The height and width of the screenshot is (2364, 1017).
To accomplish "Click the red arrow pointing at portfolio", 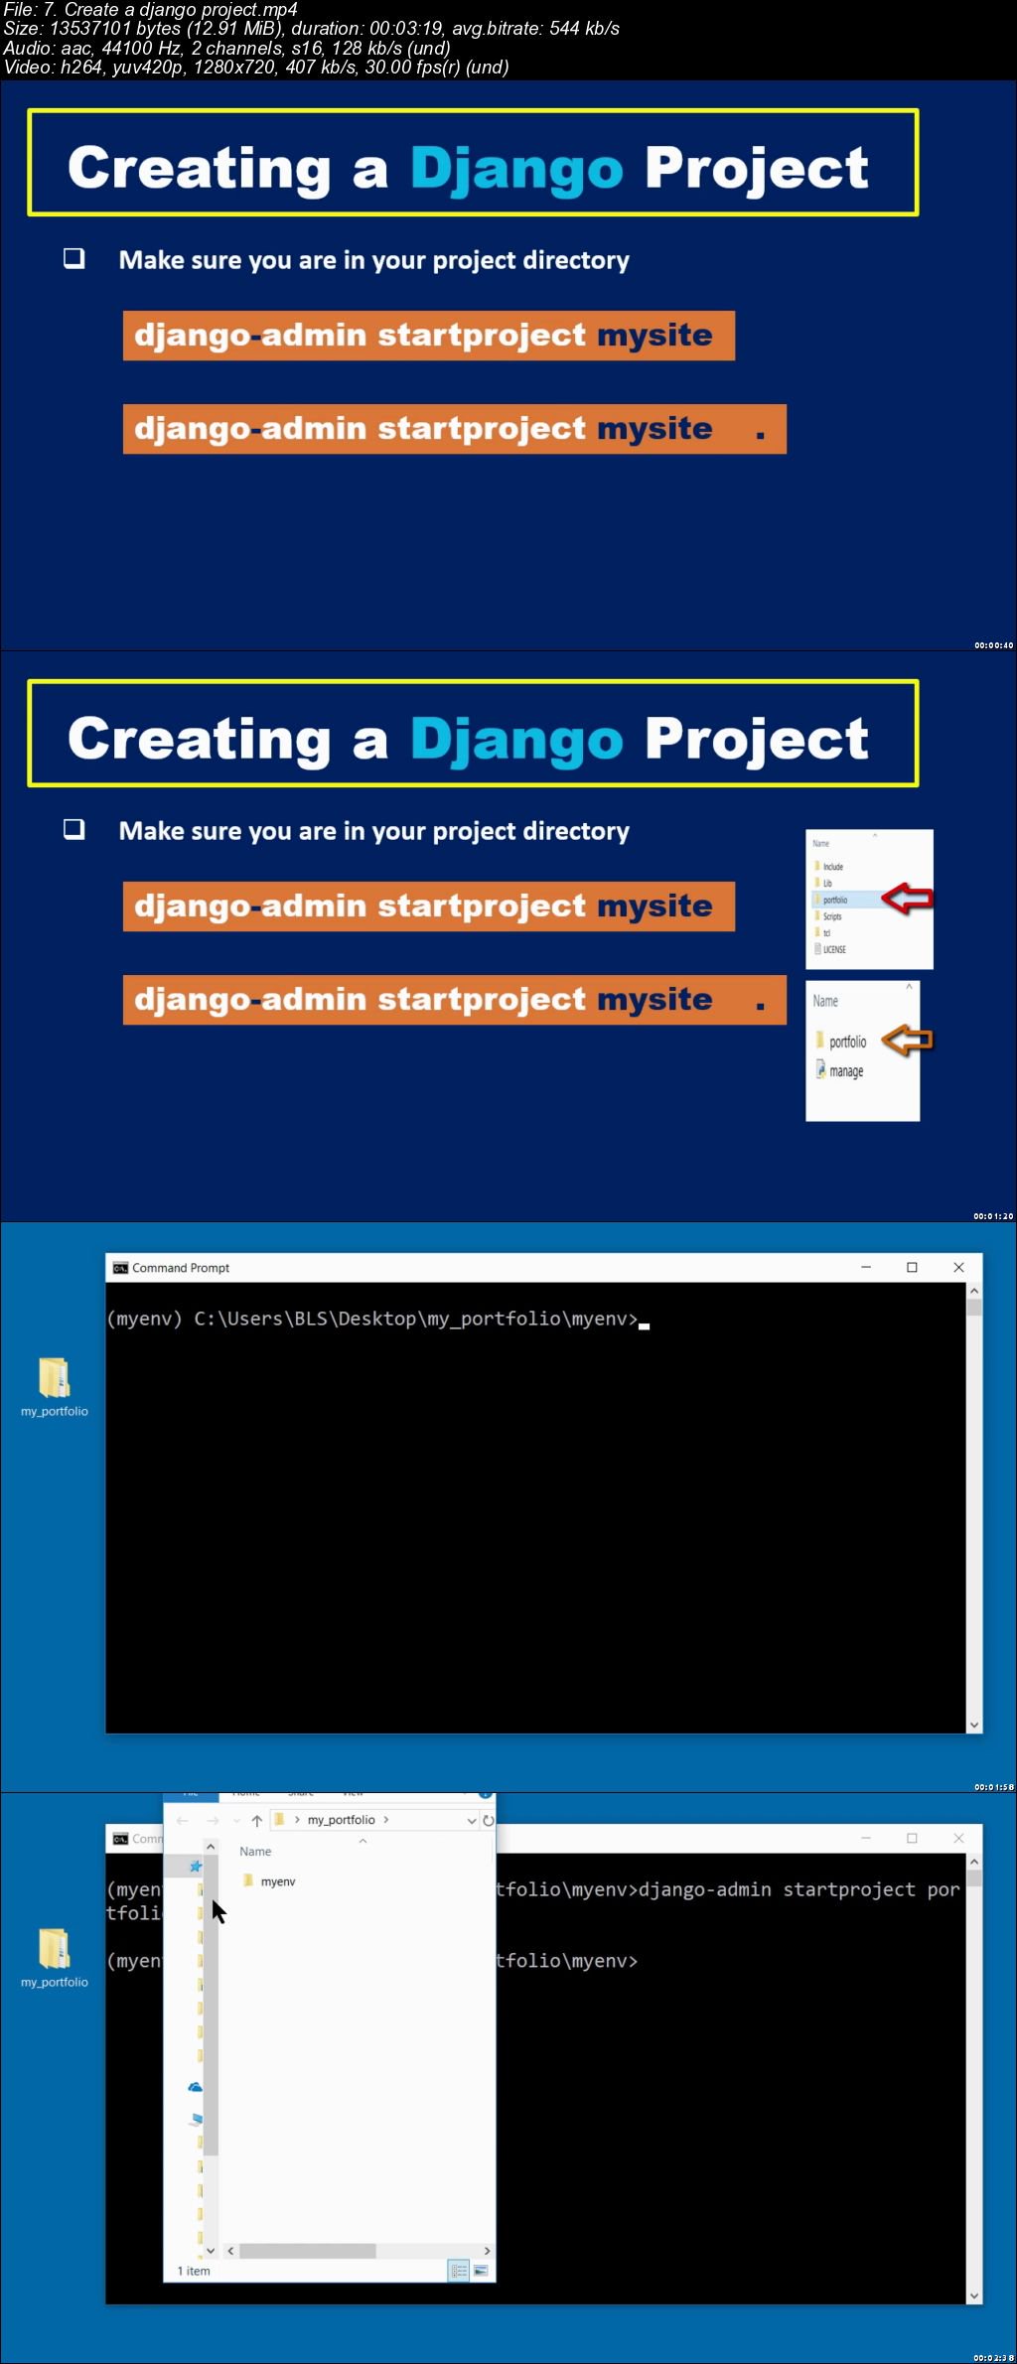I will pos(907,899).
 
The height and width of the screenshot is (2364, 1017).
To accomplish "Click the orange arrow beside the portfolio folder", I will pos(907,1041).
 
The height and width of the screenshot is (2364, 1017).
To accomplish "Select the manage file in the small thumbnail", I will pos(845,1071).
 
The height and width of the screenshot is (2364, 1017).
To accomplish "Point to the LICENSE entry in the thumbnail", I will pos(834,949).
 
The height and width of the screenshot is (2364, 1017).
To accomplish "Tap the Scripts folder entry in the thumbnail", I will pos(831,916).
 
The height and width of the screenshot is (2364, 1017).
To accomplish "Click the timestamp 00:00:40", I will pos(993,645).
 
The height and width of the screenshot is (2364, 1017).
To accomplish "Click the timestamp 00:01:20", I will pos(993,1216).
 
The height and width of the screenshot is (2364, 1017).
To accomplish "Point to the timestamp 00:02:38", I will pos(993,2358).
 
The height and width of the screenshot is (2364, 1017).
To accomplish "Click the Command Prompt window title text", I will pos(181,1268).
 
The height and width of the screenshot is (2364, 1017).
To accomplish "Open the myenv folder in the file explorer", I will pos(277,1881).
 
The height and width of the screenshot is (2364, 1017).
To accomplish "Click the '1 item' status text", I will pos(194,2271).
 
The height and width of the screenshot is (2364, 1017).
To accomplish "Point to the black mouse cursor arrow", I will pos(218,1910).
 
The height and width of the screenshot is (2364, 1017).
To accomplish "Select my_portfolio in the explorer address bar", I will pos(341,1820).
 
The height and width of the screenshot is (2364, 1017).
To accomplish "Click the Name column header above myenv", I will pos(255,1852).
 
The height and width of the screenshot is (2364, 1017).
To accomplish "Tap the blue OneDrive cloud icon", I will pos(196,2088).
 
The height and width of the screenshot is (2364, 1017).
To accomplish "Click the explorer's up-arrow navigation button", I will pos(257,1820).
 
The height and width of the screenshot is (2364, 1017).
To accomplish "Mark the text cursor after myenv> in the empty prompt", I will pos(645,1324).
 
